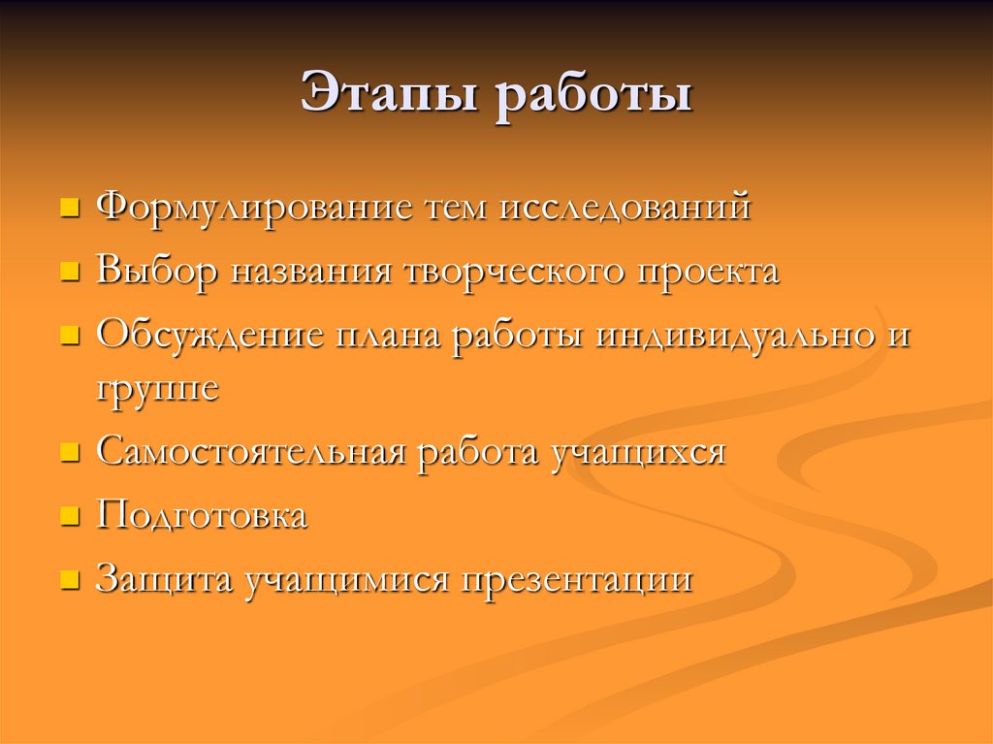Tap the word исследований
coord(625,209)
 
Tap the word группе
coord(157,389)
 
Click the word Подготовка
coord(202,516)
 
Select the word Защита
coord(164,580)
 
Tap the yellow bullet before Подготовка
coord(69,517)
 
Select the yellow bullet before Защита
coord(69,581)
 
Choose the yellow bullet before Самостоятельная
coord(69,453)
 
